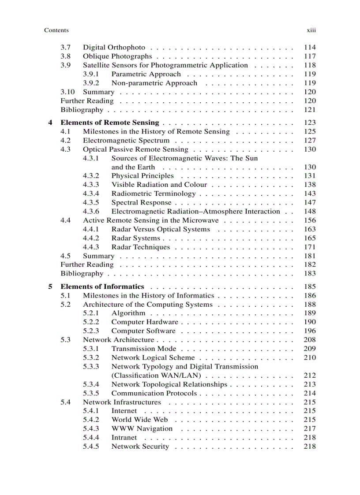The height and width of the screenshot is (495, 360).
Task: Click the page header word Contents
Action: click(x=56, y=30)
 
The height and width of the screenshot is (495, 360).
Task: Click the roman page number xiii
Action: click(x=311, y=30)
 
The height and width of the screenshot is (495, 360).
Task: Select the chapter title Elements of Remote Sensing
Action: click(x=109, y=123)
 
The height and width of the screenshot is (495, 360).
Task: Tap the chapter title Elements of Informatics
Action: click(x=102, y=287)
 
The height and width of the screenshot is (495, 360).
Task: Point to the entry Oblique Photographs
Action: click(x=117, y=56)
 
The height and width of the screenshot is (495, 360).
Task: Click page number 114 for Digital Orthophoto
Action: click(x=310, y=47)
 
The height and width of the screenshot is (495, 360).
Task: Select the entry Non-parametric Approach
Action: click(x=154, y=83)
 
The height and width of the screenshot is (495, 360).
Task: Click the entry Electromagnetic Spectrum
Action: click(x=126, y=140)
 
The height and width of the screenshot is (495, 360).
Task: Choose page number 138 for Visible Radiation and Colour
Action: click(x=310, y=185)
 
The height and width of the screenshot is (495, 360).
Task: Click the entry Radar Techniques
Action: click(x=140, y=247)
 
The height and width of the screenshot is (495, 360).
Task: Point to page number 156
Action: click(x=310, y=220)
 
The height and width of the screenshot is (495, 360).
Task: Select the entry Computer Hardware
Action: click(x=144, y=322)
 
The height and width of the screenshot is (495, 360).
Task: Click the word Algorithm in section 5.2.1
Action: click(x=128, y=313)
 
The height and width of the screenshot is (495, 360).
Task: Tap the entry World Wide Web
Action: click(x=139, y=420)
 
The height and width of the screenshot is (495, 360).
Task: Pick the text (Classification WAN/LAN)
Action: click(x=156, y=376)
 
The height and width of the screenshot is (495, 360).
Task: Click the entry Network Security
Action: click(x=140, y=447)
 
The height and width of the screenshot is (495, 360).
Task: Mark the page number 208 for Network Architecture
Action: click(x=310, y=340)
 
